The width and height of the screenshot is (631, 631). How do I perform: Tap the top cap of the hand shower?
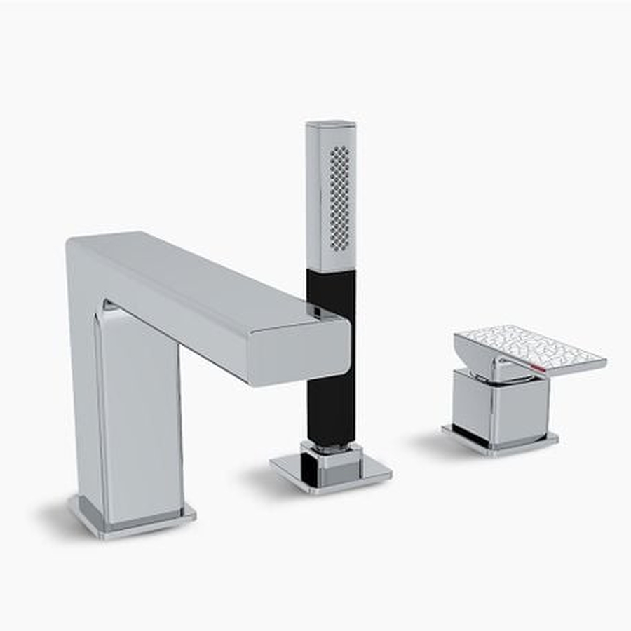330,125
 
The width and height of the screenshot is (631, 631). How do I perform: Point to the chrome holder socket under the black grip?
330,456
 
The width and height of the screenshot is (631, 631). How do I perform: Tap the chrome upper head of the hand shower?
331,196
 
